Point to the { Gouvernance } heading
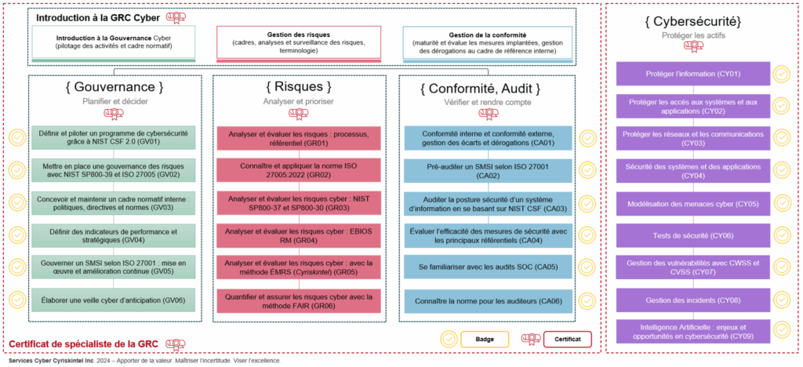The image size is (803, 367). (114, 86)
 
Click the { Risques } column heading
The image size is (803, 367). (299, 86)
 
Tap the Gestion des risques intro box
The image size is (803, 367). (298, 44)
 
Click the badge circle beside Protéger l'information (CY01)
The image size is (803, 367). (781, 74)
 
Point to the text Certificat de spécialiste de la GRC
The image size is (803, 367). (83, 344)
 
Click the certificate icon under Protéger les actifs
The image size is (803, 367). (692, 45)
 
